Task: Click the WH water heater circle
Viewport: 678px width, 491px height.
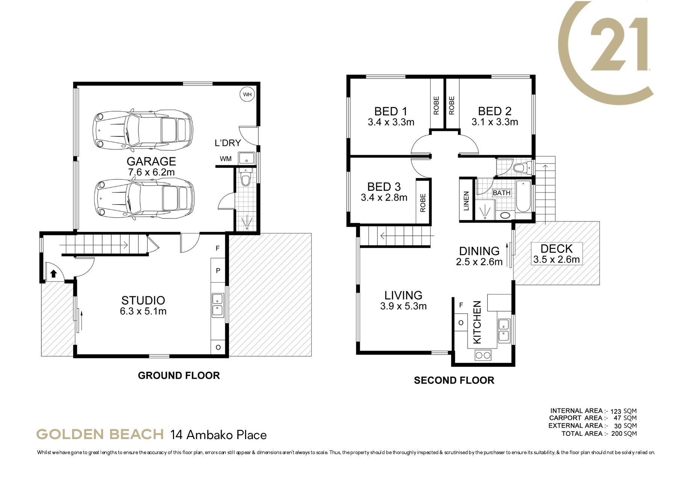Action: click(247, 94)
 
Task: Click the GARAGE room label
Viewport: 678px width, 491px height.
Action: click(151, 161)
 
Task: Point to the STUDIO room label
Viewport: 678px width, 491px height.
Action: click(143, 300)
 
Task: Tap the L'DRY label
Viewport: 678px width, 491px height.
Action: click(227, 143)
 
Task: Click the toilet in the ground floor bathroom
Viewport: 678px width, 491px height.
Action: click(246, 178)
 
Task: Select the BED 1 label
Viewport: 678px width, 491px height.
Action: click(391, 111)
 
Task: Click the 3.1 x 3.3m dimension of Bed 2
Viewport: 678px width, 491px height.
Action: click(495, 122)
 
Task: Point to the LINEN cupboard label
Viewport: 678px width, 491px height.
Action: click(466, 200)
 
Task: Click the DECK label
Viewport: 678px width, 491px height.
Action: click(556, 249)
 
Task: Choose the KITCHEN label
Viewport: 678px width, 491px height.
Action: click(477, 322)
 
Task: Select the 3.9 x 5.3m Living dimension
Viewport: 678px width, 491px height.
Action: click(403, 306)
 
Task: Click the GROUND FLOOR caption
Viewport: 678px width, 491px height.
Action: click(179, 375)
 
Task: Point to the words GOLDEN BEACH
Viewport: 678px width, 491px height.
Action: click(100, 435)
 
